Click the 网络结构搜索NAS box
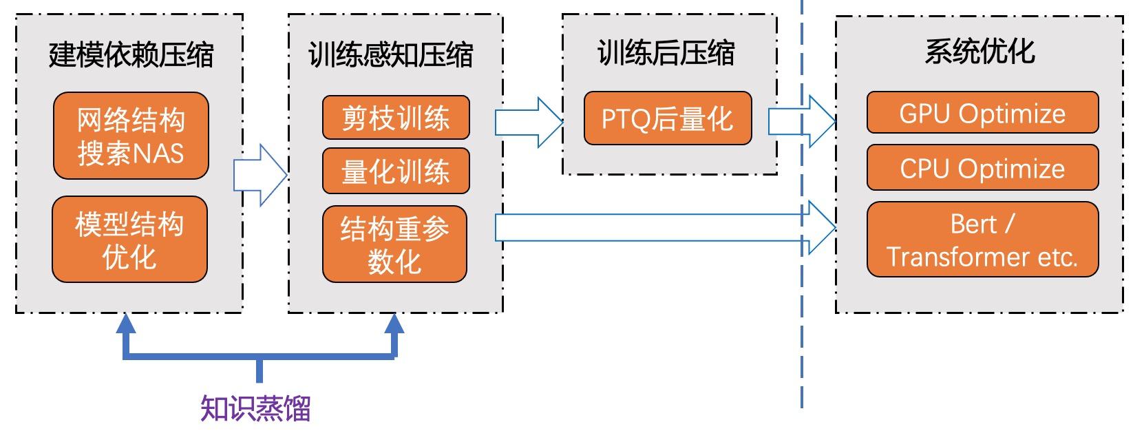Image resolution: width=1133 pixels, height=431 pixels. (x=131, y=136)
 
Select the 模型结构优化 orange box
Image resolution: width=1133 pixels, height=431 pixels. (x=129, y=240)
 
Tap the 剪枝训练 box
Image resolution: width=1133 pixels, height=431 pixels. (x=396, y=118)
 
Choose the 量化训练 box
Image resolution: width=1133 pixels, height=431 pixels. (x=396, y=171)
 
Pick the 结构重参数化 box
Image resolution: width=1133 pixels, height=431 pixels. (x=394, y=244)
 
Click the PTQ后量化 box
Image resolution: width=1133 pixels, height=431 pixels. (x=667, y=118)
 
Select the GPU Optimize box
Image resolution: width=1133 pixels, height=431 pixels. (x=982, y=113)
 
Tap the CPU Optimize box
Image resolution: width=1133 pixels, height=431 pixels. (x=982, y=168)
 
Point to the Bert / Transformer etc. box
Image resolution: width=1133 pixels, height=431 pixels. (x=982, y=240)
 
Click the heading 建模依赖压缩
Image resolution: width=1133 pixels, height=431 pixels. (x=131, y=54)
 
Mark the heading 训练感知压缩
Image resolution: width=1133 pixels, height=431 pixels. (x=391, y=54)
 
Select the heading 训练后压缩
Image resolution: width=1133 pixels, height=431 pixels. (x=666, y=52)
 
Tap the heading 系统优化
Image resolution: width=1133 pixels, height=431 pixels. (x=980, y=51)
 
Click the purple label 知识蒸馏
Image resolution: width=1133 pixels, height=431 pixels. (x=255, y=408)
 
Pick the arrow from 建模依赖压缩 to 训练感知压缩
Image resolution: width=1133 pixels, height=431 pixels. (x=260, y=175)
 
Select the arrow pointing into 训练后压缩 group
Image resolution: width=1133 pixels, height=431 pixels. (x=529, y=122)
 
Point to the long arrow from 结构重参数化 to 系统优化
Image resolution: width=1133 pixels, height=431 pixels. (x=661, y=227)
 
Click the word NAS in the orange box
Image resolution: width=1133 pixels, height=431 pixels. (x=162, y=153)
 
